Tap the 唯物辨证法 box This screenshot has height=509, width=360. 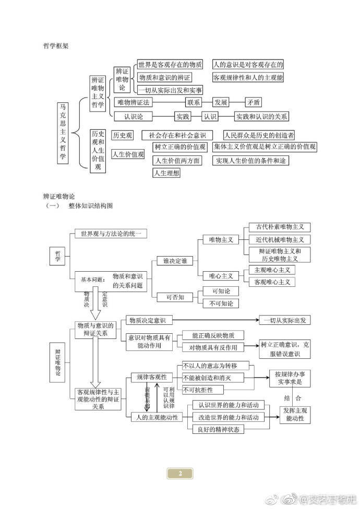point(134,102)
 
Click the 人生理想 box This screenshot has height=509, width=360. point(166,173)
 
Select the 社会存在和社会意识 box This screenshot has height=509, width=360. point(177,135)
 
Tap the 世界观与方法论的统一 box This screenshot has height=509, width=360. point(111,234)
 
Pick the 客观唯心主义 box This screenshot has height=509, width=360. point(272,282)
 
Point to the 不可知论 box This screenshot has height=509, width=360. point(221,303)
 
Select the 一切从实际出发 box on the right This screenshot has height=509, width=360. point(285,320)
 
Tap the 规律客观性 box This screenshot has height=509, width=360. point(151,377)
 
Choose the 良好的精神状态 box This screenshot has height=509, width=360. point(218,429)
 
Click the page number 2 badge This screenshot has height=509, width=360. point(180,474)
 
